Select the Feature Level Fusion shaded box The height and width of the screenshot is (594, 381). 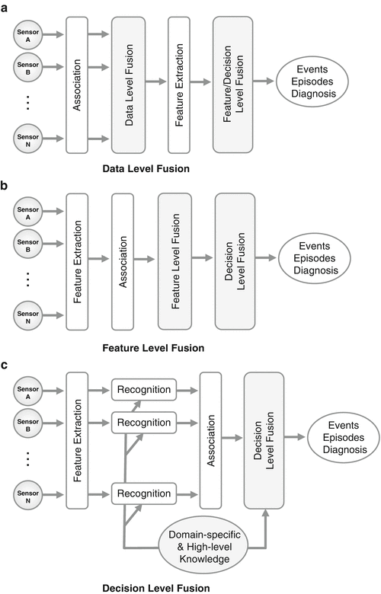pyautogui.click(x=180, y=260)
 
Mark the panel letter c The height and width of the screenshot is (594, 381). pyautogui.click(x=6, y=367)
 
